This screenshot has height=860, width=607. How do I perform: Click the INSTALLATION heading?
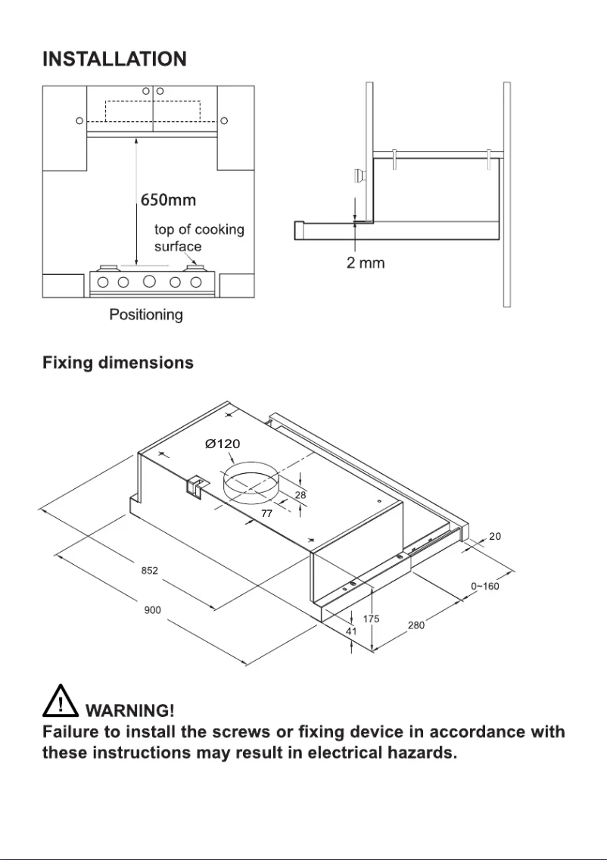[114, 59]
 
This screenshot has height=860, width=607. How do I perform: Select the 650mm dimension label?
[168, 201]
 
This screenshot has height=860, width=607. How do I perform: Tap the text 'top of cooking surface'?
[199, 238]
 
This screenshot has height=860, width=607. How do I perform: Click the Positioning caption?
[146, 314]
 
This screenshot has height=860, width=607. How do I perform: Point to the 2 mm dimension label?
[366, 263]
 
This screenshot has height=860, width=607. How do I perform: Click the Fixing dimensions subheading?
[118, 363]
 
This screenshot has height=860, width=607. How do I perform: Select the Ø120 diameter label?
[223, 444]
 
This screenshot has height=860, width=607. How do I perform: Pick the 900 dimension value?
[153, 610]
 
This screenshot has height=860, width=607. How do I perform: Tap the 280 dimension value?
[416, 625]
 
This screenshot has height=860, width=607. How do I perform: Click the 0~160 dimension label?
[484, 586]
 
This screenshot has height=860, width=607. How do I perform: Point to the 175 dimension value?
[371, 619]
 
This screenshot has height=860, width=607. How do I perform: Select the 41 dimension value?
[351, 631]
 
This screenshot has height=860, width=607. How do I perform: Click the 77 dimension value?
[267, 513]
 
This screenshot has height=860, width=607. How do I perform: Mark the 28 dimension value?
[300, 494]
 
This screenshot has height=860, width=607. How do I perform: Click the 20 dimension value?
[495, 536]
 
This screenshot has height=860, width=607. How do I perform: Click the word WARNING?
[131, 711]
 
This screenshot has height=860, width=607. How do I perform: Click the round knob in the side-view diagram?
[356, 176]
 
